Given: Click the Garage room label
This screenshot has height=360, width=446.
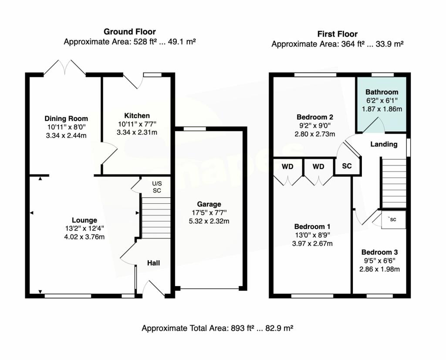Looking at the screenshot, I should coord(209,204).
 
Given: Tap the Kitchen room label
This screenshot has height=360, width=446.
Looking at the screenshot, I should coord(137,115).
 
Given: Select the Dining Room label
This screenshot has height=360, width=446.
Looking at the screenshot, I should coord(66,118).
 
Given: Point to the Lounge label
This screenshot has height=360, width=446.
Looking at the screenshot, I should coord(84,220).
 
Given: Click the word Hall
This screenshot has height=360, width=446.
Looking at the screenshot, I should coord(153,263).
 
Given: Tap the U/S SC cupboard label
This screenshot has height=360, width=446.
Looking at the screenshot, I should coord(157,187).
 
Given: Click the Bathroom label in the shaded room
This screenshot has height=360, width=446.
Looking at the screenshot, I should coord(382,92).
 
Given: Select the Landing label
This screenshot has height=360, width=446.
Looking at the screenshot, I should coord(384,144).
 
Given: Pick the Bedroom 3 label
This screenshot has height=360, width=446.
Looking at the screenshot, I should coord(379,252).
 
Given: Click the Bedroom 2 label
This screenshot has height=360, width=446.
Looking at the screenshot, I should coord(315,117).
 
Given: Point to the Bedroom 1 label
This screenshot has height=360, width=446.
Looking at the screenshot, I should coord(312,226).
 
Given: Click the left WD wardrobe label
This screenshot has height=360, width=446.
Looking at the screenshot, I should coord(287,167).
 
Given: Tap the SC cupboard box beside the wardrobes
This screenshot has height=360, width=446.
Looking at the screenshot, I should coord(347,167).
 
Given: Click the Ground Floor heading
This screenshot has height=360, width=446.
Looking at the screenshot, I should coord(129,31).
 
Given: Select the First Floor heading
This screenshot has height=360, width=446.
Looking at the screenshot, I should coord(337,34).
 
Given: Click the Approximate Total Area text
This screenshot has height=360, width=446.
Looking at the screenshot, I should coord(217,328).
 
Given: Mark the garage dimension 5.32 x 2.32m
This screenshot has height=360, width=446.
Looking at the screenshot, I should coord(209,221).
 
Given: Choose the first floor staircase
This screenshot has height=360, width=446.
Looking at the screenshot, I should coord(393,183).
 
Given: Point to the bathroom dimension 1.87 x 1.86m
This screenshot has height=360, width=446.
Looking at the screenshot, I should coord(382,109).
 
